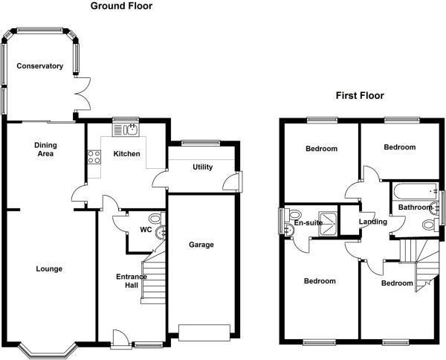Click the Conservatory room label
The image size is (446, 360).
coord(40,66)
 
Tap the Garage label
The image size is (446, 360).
coord(201,245)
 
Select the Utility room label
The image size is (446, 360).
coord(202,167)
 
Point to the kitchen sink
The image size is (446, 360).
coord(126,130)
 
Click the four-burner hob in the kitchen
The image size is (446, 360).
coord(94,157)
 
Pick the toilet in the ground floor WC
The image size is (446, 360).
coord(156,218)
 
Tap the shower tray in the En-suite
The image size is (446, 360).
coord(328,224)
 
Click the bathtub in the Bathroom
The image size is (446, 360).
coord(415,191)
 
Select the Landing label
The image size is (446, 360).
coord(373,222)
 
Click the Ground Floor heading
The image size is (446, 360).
coord(121,6)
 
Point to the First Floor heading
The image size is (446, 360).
coord(360,96)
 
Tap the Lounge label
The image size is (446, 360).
coord(49,269)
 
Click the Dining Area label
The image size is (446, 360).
coord(45,150)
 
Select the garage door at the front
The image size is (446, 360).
coord(204,332)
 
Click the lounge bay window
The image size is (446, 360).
coord(48,350)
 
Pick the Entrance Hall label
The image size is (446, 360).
coord(132,281)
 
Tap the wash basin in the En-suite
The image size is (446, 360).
coord(290,229)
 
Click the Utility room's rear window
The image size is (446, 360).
coord(201,143)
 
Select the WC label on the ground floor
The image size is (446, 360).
coord(146,230)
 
